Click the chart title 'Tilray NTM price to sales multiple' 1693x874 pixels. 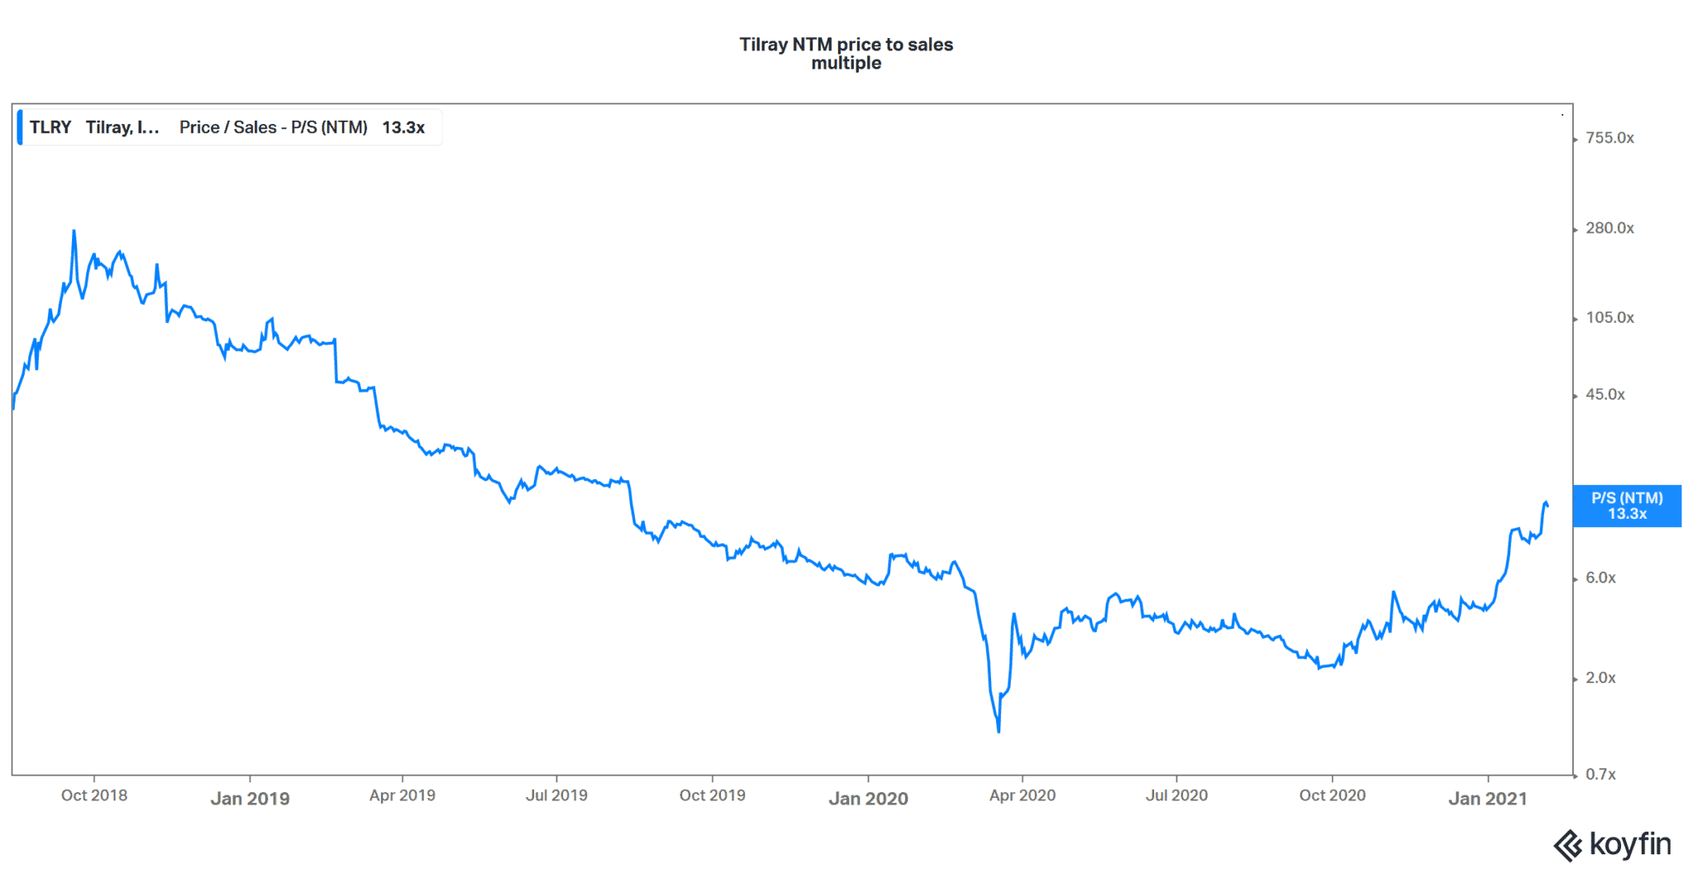point(846,54)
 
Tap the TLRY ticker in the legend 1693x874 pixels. point(50,127)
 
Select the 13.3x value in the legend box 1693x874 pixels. point(403,127)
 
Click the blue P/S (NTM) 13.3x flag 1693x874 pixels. point(1626,506)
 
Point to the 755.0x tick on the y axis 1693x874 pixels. point(1609,138)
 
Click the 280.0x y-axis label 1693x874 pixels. point(1609,228)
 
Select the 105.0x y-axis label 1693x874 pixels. point(1609,318)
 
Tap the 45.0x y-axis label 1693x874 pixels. point(1605,395)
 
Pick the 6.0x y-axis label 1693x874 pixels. point(1600,578)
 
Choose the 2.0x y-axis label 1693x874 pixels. point(1600,678)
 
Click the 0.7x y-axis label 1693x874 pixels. point(1600,775)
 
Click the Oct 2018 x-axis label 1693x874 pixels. point(94,796)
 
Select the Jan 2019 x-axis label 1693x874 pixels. point(250,799)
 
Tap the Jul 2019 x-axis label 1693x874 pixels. point(556,796)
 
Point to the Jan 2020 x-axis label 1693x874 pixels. point(868,799)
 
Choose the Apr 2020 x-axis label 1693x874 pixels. point(1022,796)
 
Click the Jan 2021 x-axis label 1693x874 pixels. point(1487,799)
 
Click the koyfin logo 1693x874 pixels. point(1612,845)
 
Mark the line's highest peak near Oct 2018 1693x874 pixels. point(74,231)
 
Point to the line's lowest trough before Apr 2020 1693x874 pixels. point(999,731)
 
